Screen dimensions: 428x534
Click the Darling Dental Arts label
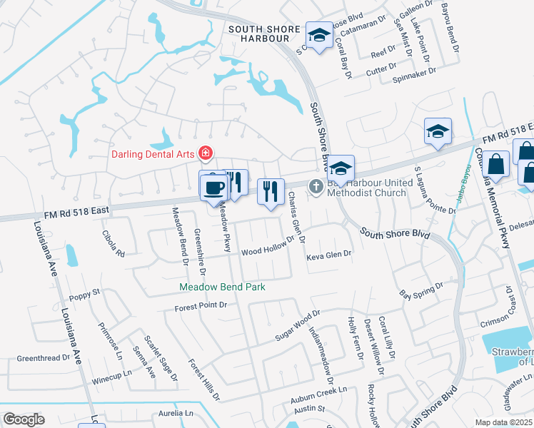[153, 153]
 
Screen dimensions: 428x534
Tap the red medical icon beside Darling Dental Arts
[206, 153]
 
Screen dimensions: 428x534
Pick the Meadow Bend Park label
[222, 287]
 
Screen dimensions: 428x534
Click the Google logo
[24, 419]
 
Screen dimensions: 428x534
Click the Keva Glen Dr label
[329, 255]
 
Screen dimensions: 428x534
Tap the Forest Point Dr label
[201, 305]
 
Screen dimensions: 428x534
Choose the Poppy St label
[85, 292]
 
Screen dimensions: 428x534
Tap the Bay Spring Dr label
[421, 289]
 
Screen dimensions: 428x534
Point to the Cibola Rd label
[114, 243]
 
